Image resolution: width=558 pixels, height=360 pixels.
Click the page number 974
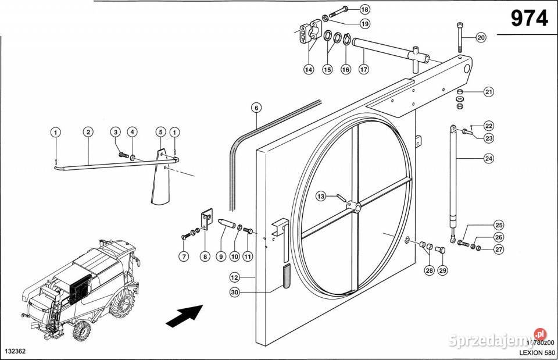(529, 19)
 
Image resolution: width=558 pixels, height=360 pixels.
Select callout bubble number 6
(256, 107)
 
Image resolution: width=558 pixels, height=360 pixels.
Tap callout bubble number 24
(488, 158)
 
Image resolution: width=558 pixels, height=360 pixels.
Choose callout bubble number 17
(364, 69)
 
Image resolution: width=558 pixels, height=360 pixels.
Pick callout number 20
(481, 38)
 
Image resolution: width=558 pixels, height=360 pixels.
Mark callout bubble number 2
(88, 132)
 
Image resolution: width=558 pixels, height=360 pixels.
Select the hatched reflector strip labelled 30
(285, 275)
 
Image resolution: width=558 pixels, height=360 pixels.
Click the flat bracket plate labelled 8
(206, 222)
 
